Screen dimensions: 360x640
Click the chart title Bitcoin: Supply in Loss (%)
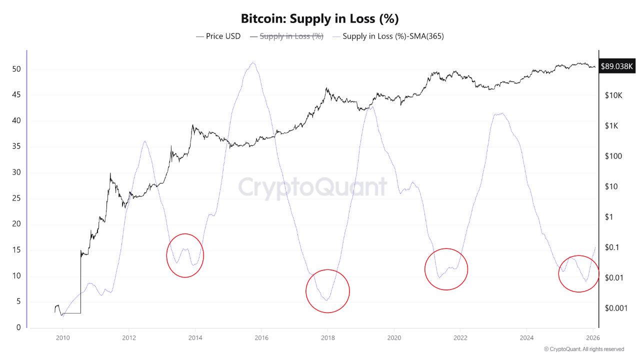319,19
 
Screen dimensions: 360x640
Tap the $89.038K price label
617,66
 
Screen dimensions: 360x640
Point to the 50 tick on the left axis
16,69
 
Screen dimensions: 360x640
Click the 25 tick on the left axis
16,198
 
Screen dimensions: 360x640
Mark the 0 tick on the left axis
18,327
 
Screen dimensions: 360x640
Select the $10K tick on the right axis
612,95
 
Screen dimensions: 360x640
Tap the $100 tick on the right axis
612,156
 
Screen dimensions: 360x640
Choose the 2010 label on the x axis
63,338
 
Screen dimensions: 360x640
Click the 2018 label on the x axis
327,338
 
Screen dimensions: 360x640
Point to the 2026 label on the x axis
592,338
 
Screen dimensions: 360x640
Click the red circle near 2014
185,255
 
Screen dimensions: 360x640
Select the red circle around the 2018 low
327,291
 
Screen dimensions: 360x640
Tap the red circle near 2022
446,269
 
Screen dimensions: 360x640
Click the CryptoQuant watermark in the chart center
312,187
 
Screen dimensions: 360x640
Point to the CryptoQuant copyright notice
583,349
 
